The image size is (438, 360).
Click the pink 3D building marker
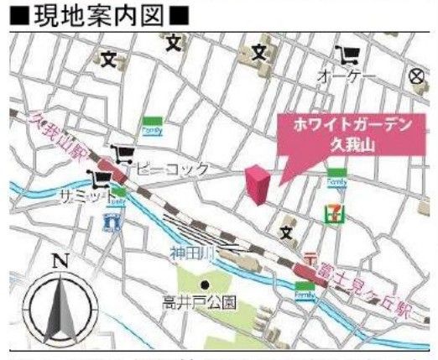click(x=257, y=185)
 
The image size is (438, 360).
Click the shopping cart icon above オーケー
click(x=345, y=56)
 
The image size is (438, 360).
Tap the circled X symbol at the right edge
click(x=416, y=76)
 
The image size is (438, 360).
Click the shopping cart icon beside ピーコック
click(x=124, y=153)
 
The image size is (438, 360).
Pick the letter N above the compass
click(x=59, y=260)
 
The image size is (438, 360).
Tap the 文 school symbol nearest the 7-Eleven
click(x=288, y=231)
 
